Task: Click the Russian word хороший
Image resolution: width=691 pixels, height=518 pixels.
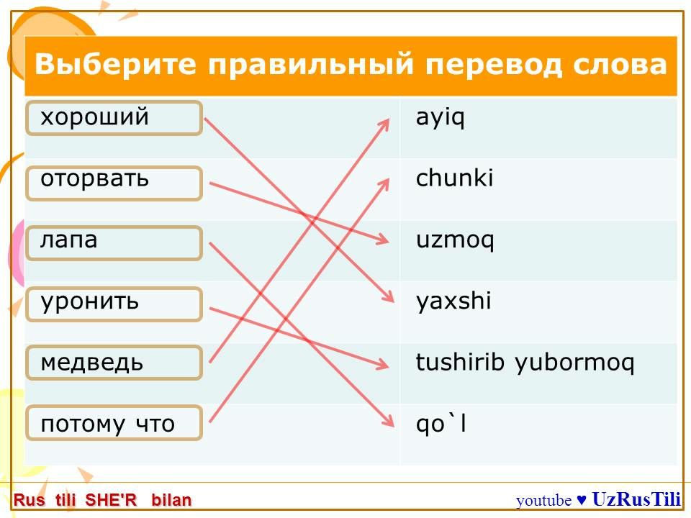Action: tap(95, 117)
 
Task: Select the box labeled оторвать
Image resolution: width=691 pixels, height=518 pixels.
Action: tap(114, 183)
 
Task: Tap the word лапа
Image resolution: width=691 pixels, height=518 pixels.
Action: tap(69, 240)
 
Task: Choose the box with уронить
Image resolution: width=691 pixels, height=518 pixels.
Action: tap(114, 304)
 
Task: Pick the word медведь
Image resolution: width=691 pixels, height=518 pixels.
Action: tap(92, 362)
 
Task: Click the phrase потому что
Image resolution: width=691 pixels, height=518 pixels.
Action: tap(107, 424)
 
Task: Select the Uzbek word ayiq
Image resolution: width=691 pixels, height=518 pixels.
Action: tap(441, 118)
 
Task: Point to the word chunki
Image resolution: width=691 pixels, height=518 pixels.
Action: tap(454, 178)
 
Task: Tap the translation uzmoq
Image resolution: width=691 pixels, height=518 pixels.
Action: tap(455, 241)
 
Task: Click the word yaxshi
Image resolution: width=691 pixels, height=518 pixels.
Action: tap(453, 301)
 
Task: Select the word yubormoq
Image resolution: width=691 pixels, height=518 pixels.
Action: tap(574, 363)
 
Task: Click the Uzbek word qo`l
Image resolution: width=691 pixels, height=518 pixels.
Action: tap(441, 424)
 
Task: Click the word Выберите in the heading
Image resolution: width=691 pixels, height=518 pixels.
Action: tap(115, 63)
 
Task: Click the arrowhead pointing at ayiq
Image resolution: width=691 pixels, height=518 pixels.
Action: tap(384, 124)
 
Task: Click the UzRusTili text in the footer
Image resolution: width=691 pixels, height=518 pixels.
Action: tap(636, 499)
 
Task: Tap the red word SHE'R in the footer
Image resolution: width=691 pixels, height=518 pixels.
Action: tap(111, 501)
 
